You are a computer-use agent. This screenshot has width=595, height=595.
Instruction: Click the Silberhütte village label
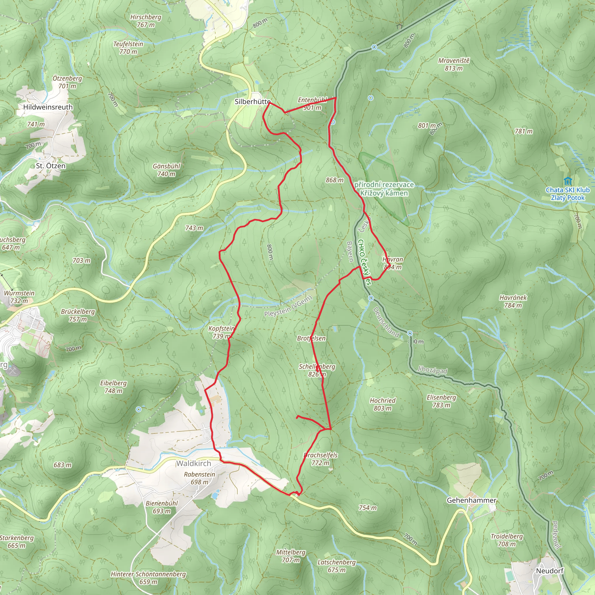(x=252, y=102)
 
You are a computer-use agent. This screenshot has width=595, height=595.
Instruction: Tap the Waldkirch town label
(x=194, y=463)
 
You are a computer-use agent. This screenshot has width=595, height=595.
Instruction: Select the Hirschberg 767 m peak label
(x=146, y=21)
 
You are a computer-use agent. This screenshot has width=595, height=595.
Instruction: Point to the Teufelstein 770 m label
(x=128, y=48)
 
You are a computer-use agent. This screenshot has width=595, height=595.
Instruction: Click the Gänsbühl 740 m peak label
(x=166, y=170)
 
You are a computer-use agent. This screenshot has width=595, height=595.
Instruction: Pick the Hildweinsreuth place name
(x=48, y=107)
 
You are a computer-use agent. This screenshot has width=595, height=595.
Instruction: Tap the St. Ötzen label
(x=51, y=166)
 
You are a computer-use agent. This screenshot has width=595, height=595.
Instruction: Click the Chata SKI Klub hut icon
(x=568, y=181)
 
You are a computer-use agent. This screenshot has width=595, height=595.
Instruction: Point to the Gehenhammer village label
(x=472, y=501)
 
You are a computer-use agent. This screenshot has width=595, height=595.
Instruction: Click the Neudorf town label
(x=550, y=571)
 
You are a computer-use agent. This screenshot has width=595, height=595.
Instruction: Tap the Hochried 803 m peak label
(x=383, y=404)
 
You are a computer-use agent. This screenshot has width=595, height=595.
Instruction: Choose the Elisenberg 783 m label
(x=441, y=401)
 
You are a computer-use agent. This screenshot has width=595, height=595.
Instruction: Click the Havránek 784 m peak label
(x=513, y=302)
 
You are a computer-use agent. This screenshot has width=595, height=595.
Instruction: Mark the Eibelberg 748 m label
(x=113, y=387)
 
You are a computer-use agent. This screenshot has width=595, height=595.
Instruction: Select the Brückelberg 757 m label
(x=78, y=315)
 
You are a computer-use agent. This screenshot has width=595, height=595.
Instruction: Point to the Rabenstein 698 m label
(x=200, y=478)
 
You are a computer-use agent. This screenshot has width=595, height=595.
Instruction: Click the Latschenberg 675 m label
(x=337, y=566)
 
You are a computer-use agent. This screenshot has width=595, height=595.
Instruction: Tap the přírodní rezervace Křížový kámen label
(x=384, y=189)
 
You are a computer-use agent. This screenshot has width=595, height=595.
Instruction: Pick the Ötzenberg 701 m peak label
(x=67, y=82)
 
